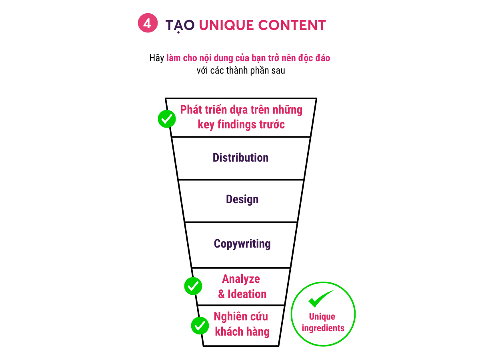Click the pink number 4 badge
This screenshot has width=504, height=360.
pyautogui.click(x=147, y=24)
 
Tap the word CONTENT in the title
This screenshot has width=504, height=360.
pyautogui.click(x=292, y=25)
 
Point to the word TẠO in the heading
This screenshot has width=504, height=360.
pyautogui.click(x=180, y=25)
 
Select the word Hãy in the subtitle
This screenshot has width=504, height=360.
pyautogui.click(x=157, y=58)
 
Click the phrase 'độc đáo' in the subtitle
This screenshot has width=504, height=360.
pyautogui.click(x=314, y=58)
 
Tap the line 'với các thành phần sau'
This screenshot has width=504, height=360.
pyautogui.click(x=241, y=71)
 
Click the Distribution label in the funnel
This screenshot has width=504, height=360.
pyautogui.click(x=241, y=158)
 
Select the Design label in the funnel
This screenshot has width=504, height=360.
pyautogui.click(x=242, y=199)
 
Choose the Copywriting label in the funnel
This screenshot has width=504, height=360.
pyautogui.click(x=242, y=244)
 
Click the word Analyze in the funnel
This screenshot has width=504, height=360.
pyautogui.click(x=241, y=279)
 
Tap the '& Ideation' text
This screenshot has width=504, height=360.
pyautogui.click(x=242, y=294)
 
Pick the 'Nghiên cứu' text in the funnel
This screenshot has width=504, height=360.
pyautogui.click(x=241, y=316)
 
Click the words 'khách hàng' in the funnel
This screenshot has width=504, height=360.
pyautogui.click(x=242, y=332)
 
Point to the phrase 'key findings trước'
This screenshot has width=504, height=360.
pyautogui.click(x=241, y=124)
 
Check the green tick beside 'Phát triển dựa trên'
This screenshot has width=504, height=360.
pyautogui.click(x=167, y=119)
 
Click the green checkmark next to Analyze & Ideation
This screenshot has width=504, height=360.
pyautogui.click(x=193, y=286)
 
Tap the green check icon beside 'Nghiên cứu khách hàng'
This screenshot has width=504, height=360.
pyautogui.click(x=200, y=326)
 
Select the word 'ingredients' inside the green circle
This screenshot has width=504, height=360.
pyautogui.click(x=323, y=328)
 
